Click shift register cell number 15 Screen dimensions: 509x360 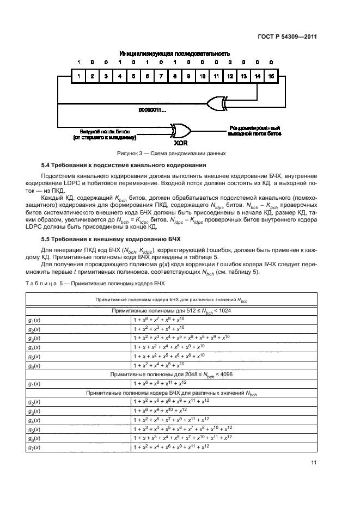pyautogui.click(x=271, y=77)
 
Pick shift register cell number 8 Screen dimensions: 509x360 pyautogui.click(x=174, y=77)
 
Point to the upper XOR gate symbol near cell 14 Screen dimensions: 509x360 pyautogui.click(x=217, y=103)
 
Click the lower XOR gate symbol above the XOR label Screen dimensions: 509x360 pyautogui.click(x=180, y=131)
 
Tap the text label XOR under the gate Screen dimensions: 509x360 pyautogui.click(x=181, y=143)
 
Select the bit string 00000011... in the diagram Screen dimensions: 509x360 pyautogui.click(x=152, y=111)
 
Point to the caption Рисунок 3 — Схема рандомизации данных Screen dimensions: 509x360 pyautogui.click(x=174, y=154)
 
